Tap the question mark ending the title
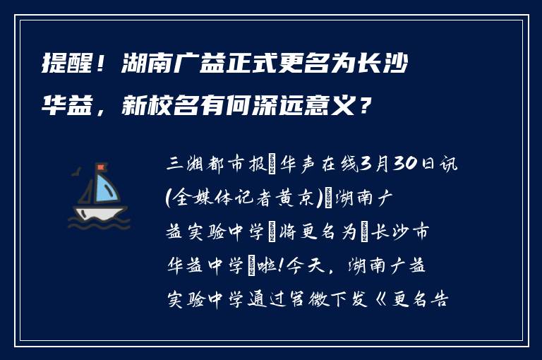363,107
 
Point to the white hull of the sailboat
99,212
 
